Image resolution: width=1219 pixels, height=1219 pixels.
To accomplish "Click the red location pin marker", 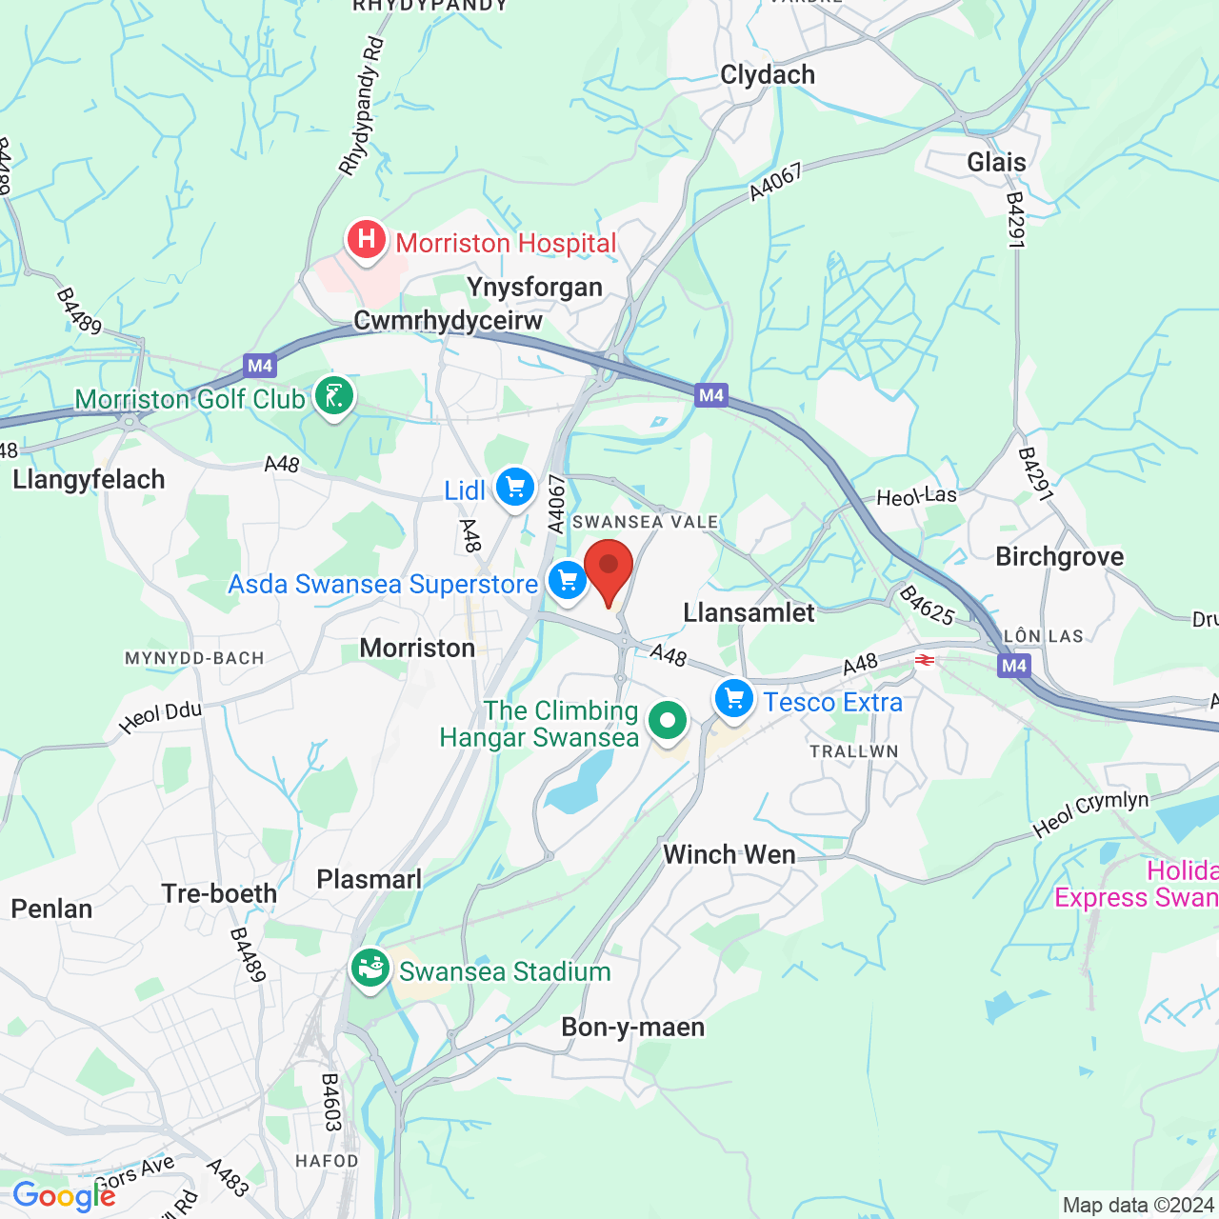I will [x=609, y=568].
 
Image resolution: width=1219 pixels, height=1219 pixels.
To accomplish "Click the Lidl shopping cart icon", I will [x=515, y=489].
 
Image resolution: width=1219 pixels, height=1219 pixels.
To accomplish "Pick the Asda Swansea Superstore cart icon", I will [x=568, y=581].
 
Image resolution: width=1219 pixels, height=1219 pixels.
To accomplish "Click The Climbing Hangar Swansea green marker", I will [x=668, y=721].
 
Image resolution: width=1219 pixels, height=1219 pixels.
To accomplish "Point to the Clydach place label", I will [x=768, y=75].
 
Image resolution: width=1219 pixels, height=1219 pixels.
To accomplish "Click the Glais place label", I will [x=996, y=163].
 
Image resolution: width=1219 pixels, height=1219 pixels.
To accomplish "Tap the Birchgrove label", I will [x=1059, y=557].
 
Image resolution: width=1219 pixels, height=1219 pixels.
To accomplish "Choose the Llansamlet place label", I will [x=749, y=613].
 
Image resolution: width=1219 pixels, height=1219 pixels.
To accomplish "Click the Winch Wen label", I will [x=729, y=855].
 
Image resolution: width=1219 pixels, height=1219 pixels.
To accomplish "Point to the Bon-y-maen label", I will [x=633, y=1028].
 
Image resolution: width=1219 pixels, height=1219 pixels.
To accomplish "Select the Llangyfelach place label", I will [x=89, y=480].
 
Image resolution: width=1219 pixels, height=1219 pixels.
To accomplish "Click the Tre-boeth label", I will [x=219, y=894].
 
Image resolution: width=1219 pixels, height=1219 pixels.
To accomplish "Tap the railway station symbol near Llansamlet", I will [x=924, y=659].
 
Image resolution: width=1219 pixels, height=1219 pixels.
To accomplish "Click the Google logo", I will [x=64, y=1196].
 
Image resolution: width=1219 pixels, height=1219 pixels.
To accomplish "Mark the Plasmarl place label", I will [x=369, y=880].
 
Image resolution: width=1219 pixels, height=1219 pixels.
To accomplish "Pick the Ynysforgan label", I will [x=534, y=288].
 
